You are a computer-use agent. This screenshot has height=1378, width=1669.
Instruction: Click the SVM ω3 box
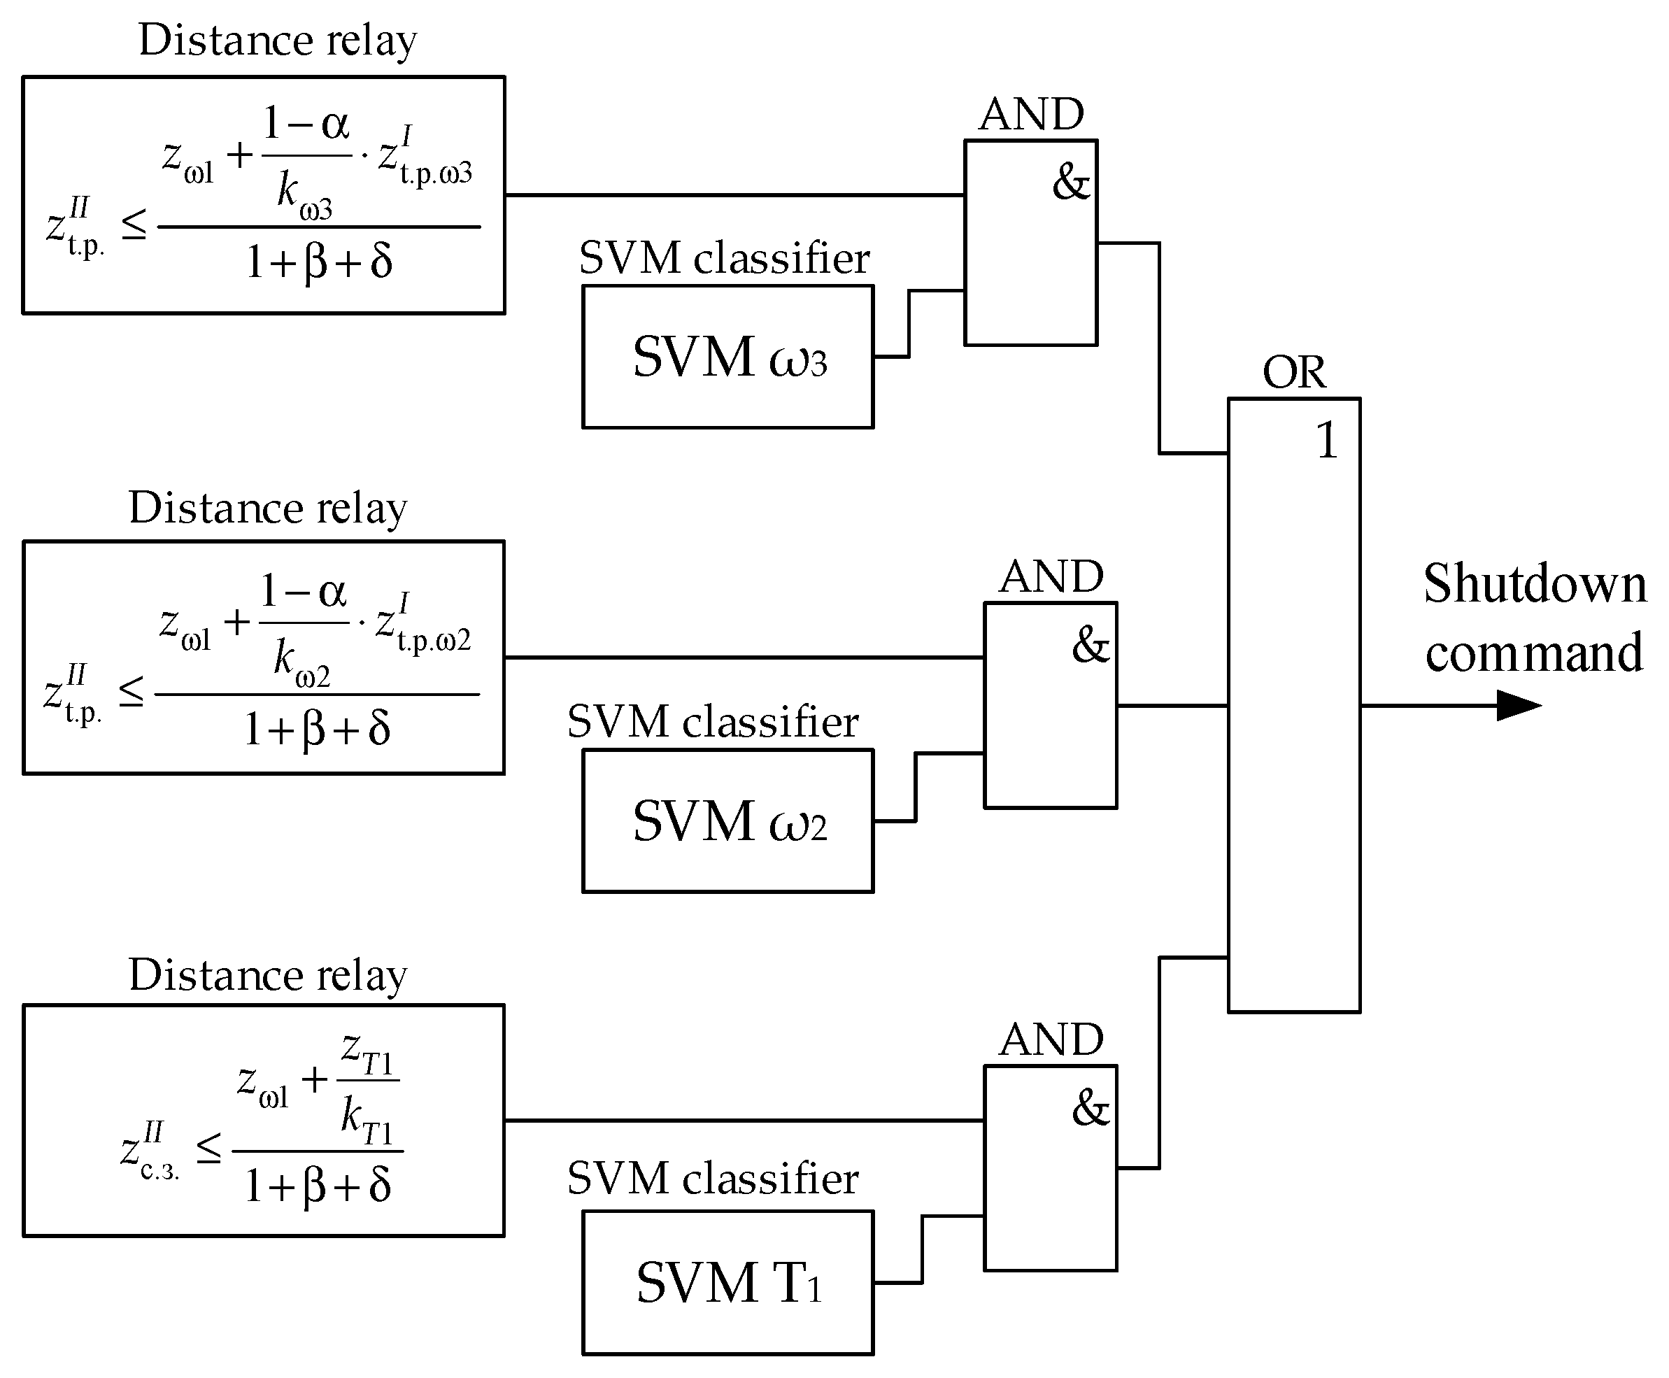pos(727,357)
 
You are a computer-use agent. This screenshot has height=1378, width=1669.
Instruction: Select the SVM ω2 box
pos(727,821)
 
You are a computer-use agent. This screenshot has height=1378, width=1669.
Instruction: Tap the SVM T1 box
pos(727,1282)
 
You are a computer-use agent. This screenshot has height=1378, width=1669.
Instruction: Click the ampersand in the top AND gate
pos(1071,183)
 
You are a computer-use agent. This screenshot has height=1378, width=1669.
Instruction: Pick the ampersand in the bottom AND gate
pos(1091,1108)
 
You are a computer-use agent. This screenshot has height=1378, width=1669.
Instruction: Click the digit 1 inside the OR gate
pos(1327,441)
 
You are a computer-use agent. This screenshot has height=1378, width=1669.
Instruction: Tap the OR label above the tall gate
pos(1293,372)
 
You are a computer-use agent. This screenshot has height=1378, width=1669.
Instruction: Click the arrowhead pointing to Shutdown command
pos(1517,705)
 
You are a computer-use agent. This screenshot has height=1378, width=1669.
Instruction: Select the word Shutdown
pos(1534,584)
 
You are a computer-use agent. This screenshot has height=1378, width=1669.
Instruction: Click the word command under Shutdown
pos(1533,653)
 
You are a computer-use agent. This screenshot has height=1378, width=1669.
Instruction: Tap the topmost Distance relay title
pos(277,41)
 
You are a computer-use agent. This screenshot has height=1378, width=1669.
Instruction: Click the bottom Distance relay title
pos(267,976)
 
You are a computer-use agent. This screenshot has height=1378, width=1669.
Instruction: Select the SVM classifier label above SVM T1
pos(712,1178)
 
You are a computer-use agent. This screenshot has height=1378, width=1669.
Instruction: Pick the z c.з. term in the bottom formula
pos(149,1152)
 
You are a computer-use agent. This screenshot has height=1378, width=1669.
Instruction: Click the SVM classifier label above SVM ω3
pos(724,259)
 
